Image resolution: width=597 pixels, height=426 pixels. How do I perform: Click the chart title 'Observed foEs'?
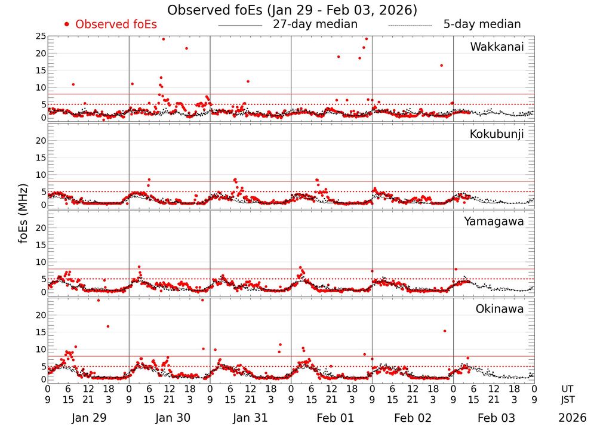(292, 10)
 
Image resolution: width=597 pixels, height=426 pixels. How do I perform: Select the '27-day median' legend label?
(315, 24)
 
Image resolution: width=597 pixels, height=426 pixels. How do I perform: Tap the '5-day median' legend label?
(482, 24)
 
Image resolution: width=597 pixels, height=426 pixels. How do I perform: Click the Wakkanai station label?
(497, 47)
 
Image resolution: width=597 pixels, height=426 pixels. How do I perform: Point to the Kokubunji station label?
(497, 134)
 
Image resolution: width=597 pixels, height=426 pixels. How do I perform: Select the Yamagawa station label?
(494, 222)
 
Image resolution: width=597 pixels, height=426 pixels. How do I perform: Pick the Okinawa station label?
(499, 309)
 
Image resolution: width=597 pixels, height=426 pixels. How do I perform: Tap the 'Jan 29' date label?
(88, 418)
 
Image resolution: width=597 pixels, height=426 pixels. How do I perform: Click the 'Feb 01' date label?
(331, 418)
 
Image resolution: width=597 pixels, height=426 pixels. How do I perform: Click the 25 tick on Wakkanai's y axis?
(41, 37)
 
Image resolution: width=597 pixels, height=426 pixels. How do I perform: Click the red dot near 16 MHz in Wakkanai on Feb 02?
(441, 66)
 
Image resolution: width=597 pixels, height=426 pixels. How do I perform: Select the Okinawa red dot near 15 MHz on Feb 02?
(445, 331)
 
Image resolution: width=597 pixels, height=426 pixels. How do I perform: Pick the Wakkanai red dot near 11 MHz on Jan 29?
(73, 84)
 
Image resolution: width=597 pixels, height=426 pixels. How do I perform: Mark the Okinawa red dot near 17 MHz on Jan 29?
(108, 326)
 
